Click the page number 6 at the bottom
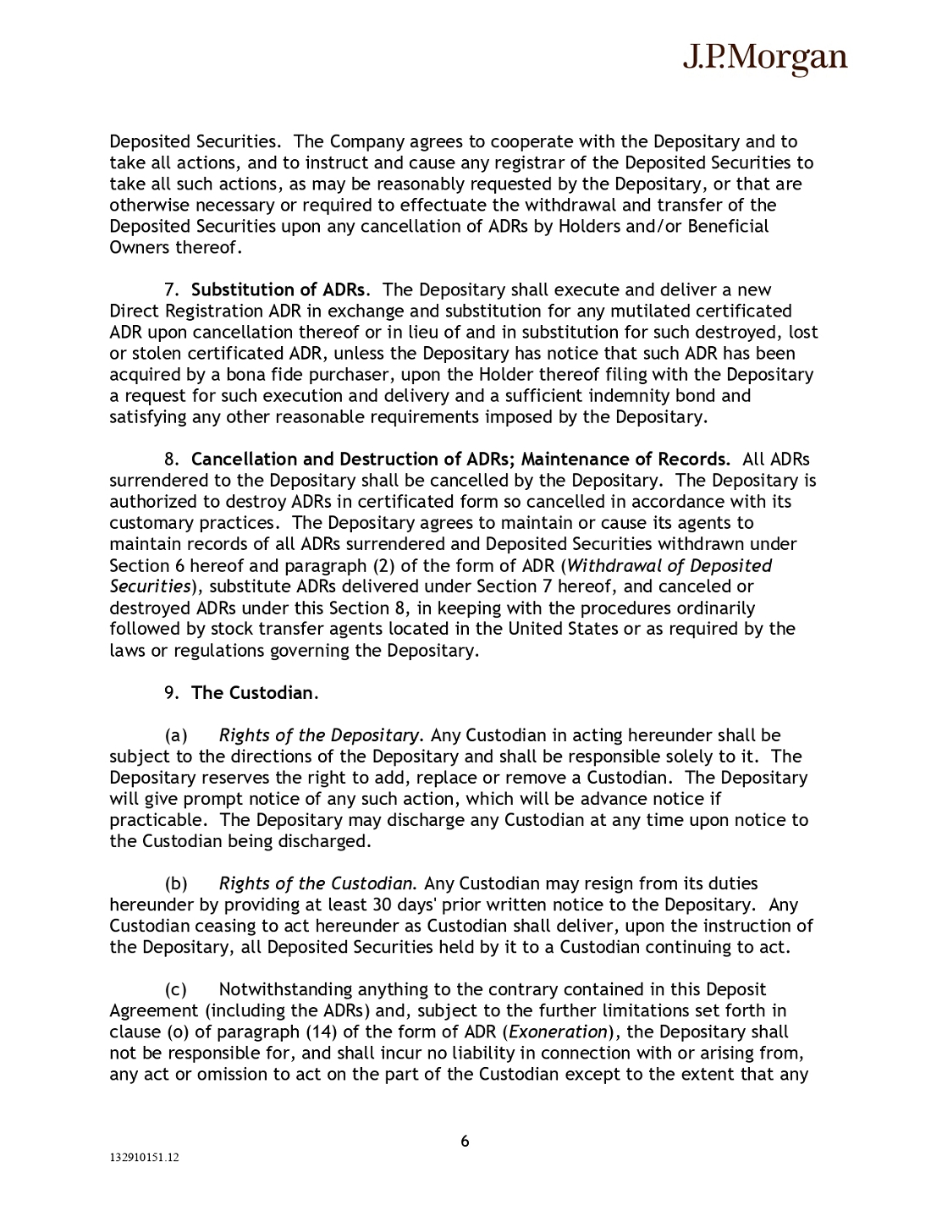pos(465,1142)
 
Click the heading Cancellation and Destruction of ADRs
pos(353,459)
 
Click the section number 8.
pos(171,459)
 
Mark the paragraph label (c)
pos(177,990)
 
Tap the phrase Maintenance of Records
pos(625,459)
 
